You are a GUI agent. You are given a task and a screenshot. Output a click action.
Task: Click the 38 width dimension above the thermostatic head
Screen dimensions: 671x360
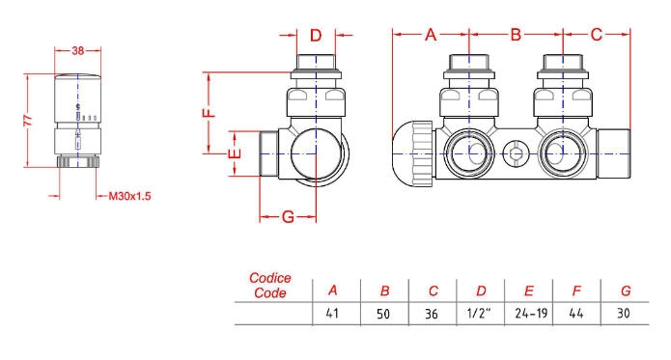click(x=78, y=50)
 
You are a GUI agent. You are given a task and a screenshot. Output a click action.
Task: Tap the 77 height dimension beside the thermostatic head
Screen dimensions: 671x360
click(x=28, y=120)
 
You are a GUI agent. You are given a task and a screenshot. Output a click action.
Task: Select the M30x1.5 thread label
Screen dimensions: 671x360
click(x=129, y=196)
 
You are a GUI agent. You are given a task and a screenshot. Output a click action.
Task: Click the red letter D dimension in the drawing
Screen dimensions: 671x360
click(x=316, y=35)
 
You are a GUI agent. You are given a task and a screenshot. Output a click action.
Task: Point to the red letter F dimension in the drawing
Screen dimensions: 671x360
click(x=210, y=113)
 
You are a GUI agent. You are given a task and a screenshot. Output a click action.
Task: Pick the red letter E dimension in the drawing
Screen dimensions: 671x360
click(x=235, y=153)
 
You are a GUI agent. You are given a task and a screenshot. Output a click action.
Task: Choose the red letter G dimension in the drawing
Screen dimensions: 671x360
click(x=288, y=217)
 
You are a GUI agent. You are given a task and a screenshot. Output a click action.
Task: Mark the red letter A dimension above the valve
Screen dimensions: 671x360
click(x=431, y=35)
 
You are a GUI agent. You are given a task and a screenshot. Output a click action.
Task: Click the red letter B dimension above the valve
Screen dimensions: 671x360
click(x=516, y=35)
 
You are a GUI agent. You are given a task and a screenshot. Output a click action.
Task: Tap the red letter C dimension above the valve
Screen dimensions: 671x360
click(x=596, y=35)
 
